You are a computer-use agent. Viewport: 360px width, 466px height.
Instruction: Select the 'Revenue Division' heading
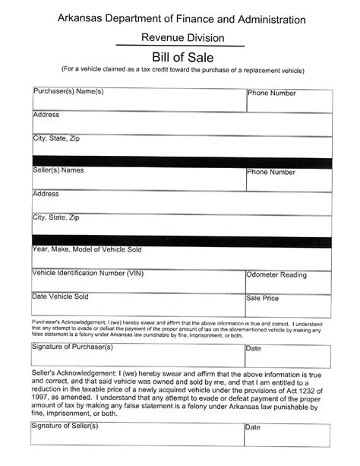pos(182,37)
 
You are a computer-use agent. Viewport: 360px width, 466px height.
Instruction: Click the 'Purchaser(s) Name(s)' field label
pos(68,92)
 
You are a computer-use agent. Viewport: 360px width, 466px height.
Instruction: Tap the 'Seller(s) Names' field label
pos(58,170)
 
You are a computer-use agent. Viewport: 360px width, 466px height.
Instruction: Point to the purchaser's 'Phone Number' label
pos(271,94)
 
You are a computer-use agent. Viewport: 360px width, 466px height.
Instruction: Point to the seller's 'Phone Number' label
pos(271,173)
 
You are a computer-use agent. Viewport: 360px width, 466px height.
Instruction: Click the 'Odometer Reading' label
pos(276,275)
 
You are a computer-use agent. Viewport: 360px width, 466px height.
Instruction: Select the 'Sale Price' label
pos(262,299)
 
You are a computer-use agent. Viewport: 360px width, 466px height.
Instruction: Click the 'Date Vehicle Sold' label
pos(61,296)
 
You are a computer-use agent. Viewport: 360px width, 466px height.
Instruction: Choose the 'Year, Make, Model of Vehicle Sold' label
pos(86,249)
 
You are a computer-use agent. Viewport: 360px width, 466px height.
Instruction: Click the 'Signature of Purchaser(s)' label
pos(72,347)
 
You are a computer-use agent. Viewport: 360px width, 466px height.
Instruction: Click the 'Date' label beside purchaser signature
pos(253,348)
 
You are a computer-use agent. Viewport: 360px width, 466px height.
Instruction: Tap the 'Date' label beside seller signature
pos(253,427)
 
